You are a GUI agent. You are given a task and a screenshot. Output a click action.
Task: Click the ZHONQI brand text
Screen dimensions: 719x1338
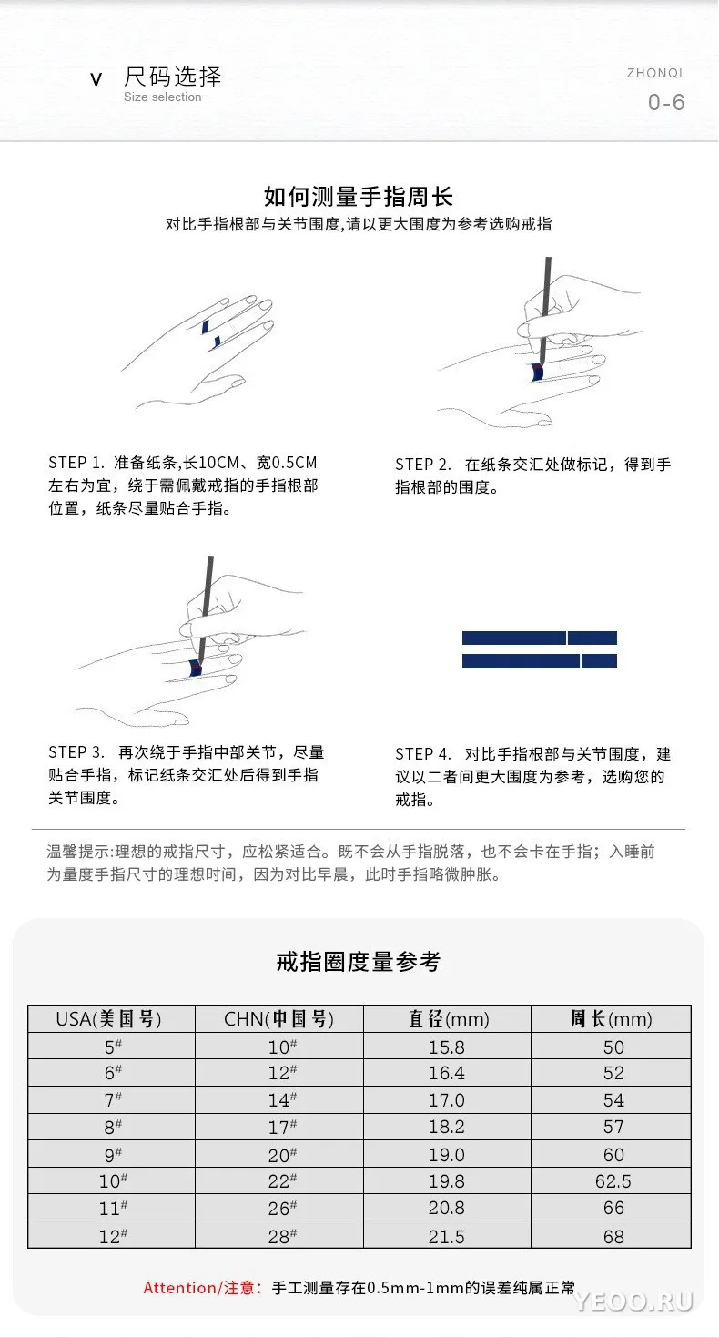[654, 73]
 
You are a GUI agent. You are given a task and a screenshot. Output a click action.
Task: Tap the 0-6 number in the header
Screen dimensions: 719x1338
[666, 102]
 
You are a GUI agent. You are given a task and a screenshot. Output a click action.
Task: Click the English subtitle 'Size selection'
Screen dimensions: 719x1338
[162, 97]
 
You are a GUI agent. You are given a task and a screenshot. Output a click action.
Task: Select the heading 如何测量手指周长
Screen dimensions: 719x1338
[359, 196]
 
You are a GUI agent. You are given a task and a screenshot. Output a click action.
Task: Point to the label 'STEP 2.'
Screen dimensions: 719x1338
[423, 465]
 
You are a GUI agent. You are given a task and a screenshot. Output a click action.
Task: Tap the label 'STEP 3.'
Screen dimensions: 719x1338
[76, 752]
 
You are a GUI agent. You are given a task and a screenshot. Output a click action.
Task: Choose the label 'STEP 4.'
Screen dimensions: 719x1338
[423, 754]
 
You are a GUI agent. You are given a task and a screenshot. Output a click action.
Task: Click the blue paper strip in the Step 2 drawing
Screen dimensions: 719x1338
[538, 373]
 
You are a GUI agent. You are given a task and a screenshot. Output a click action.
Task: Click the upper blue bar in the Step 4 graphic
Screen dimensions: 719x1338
[540, 638]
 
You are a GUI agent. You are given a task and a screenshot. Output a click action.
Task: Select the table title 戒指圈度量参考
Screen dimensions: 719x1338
[358, 962]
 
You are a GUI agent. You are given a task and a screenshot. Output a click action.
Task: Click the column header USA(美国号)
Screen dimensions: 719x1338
[108, 1018]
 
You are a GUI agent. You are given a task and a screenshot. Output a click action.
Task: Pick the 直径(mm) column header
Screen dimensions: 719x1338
[449, 1018]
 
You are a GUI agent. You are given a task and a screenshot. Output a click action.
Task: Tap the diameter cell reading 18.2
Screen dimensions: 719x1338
[446, 1127]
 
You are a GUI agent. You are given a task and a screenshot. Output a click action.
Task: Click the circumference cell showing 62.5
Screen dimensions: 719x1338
[613, 1181]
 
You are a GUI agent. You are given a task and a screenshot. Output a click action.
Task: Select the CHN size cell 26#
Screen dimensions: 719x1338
[282, 1208]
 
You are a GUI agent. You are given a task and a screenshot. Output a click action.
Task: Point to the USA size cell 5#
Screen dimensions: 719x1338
[113, 1047]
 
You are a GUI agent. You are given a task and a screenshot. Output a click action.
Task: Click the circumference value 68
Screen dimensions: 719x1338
[613, 1237]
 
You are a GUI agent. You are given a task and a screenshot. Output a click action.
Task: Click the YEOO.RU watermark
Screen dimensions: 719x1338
[633, 1301]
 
